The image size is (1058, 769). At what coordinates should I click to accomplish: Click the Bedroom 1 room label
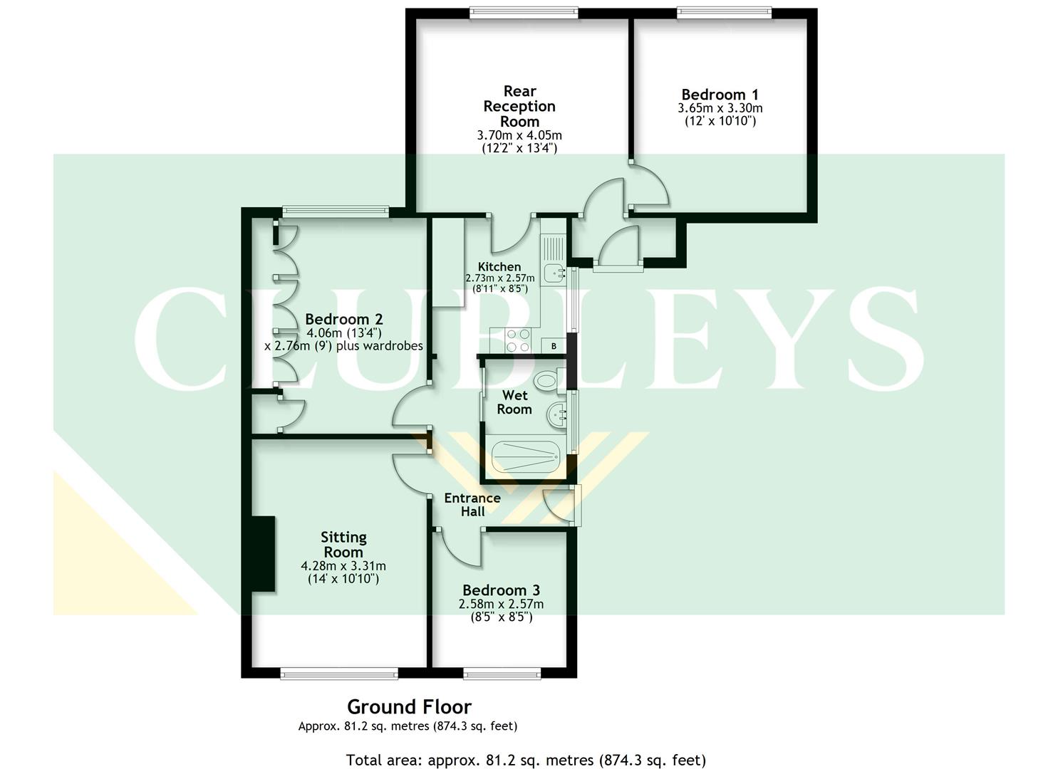[720, 95]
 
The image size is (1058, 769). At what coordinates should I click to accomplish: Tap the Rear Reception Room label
[519, 106]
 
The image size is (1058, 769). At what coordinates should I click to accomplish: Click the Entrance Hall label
[472, 505]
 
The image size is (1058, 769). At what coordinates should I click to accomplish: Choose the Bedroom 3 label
[501, 590]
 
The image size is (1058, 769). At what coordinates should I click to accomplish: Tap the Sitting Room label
[343, 545]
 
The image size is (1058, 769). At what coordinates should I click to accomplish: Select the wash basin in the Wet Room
[558, 412]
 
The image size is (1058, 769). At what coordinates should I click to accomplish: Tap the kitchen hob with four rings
[517, 340]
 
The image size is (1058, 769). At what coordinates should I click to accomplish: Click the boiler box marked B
[554, 346]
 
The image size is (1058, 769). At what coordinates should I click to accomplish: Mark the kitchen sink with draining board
[553, 260]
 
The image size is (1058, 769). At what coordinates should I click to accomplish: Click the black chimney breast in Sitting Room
[263, 554]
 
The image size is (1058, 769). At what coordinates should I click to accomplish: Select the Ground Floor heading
[409, 707]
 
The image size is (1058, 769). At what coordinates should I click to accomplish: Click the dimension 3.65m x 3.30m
[720, 108]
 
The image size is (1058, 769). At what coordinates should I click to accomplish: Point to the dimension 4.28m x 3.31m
[343, 566]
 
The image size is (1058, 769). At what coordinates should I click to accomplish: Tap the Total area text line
[526, 760]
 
